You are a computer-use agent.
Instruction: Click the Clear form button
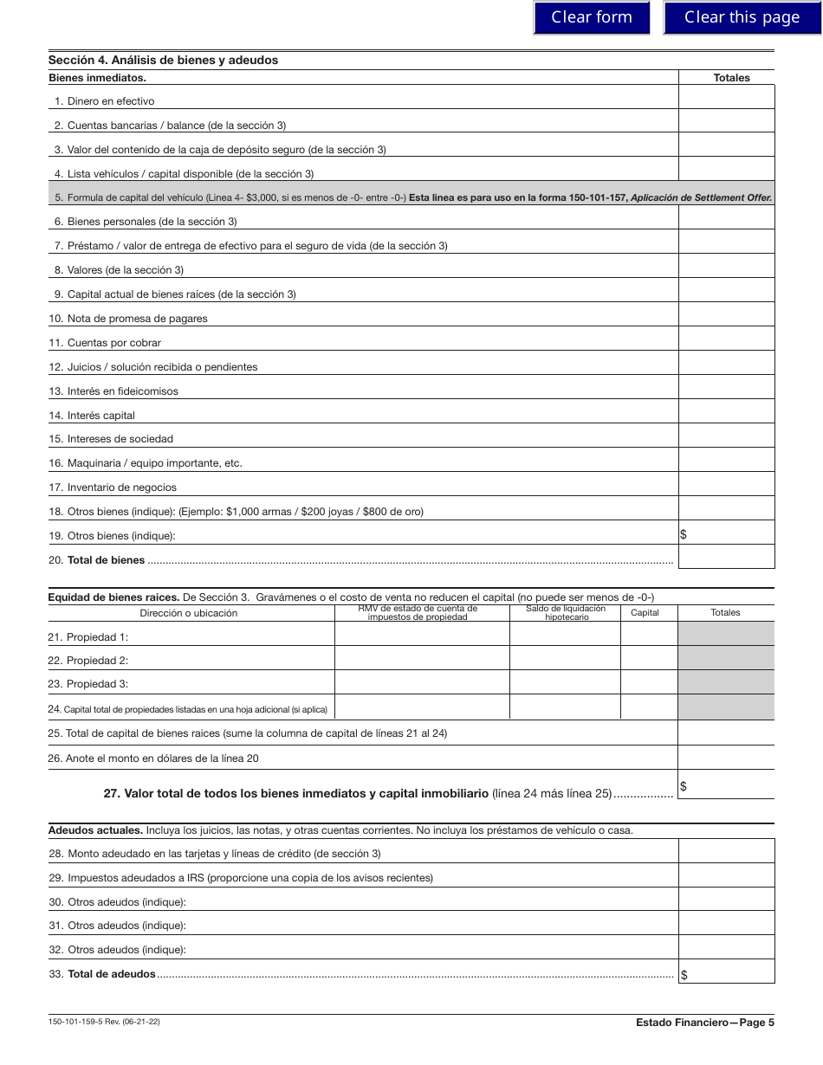592,17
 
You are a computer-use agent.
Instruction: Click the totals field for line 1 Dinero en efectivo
726,97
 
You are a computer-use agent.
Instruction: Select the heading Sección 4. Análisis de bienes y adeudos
163,61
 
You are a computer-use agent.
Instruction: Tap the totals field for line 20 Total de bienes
726,557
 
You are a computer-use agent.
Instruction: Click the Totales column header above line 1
731,78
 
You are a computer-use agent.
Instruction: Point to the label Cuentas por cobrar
113,343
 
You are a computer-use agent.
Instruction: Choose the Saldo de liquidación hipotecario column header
565,613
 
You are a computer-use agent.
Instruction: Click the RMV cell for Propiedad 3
421,683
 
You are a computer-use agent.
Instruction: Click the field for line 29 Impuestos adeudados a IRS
726,875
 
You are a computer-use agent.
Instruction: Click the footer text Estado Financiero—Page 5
704,1023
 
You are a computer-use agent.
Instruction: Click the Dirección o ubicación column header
189,613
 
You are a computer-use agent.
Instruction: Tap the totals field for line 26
726,758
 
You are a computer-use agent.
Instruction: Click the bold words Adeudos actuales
95,830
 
